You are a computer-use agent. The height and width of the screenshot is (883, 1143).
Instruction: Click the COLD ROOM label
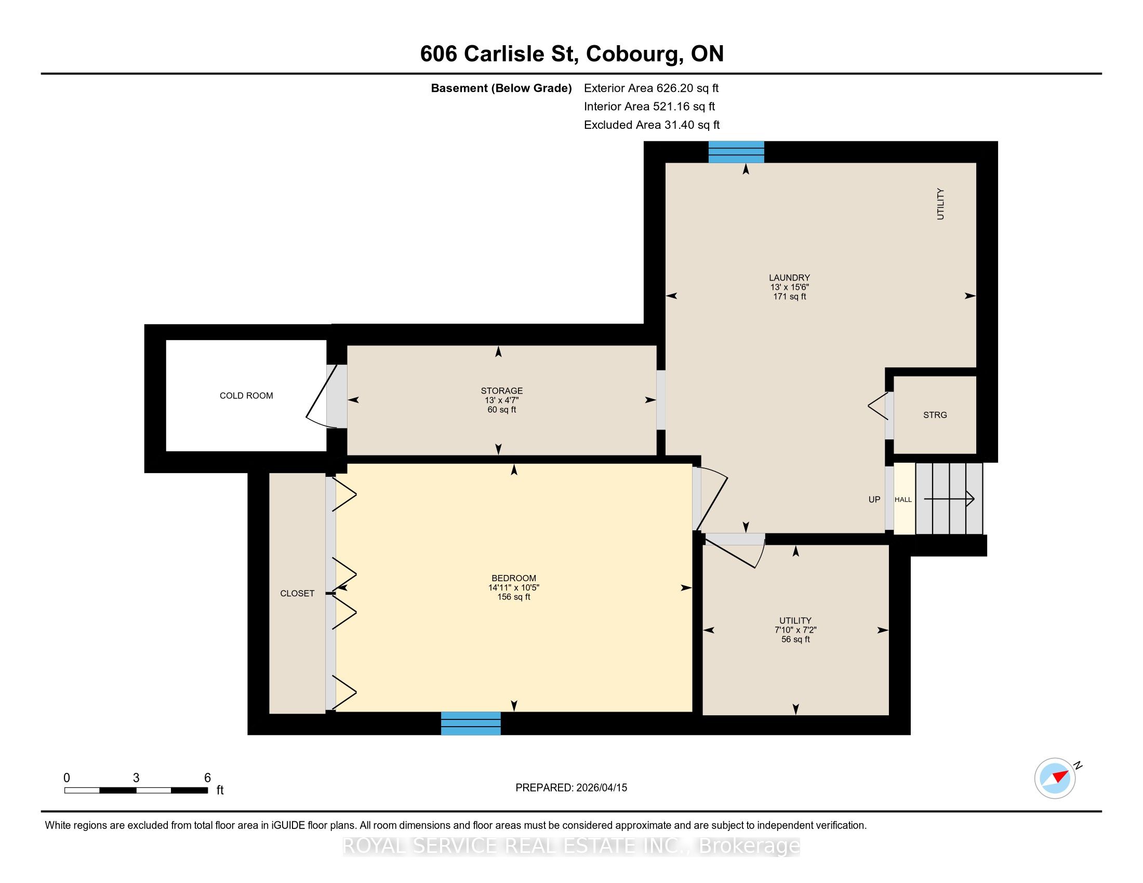tap(246, 396)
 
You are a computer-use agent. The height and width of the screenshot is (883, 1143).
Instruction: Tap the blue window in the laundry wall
tap(736, 152)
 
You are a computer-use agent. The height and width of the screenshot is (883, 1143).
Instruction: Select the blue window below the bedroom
tap(471, 724)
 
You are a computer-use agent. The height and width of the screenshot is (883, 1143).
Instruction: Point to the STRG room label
tap(935, 416)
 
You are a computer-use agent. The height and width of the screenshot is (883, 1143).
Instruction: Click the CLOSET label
tap(297, 593)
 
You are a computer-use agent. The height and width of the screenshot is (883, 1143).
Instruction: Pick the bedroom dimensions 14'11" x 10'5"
tap(513, 587)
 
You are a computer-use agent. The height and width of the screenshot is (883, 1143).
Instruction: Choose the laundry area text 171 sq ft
tap(789, 297)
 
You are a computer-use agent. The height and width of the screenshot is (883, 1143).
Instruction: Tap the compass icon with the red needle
tap(1055, 778)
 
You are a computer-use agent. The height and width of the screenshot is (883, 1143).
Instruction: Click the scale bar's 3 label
tap(136, 778)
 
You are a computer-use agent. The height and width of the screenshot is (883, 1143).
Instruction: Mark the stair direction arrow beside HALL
tap(949, 499)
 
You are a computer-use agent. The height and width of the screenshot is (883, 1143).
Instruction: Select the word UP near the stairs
tap(874, 500)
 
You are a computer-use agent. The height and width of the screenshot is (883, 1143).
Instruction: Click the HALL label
tap(903, 500)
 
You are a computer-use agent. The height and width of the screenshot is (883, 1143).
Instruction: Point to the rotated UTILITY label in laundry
tap(940, 204)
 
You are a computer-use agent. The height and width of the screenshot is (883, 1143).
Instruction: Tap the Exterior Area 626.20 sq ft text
tap(651, 88)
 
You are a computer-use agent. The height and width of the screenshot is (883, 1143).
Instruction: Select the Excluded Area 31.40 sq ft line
tap(652, 125)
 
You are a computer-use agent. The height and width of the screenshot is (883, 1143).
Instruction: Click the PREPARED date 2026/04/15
tap(601, 788)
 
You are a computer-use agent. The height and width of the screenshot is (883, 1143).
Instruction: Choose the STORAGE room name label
tap(501, 391)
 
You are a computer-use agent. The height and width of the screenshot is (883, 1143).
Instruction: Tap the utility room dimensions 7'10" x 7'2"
tap(795, 631)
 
